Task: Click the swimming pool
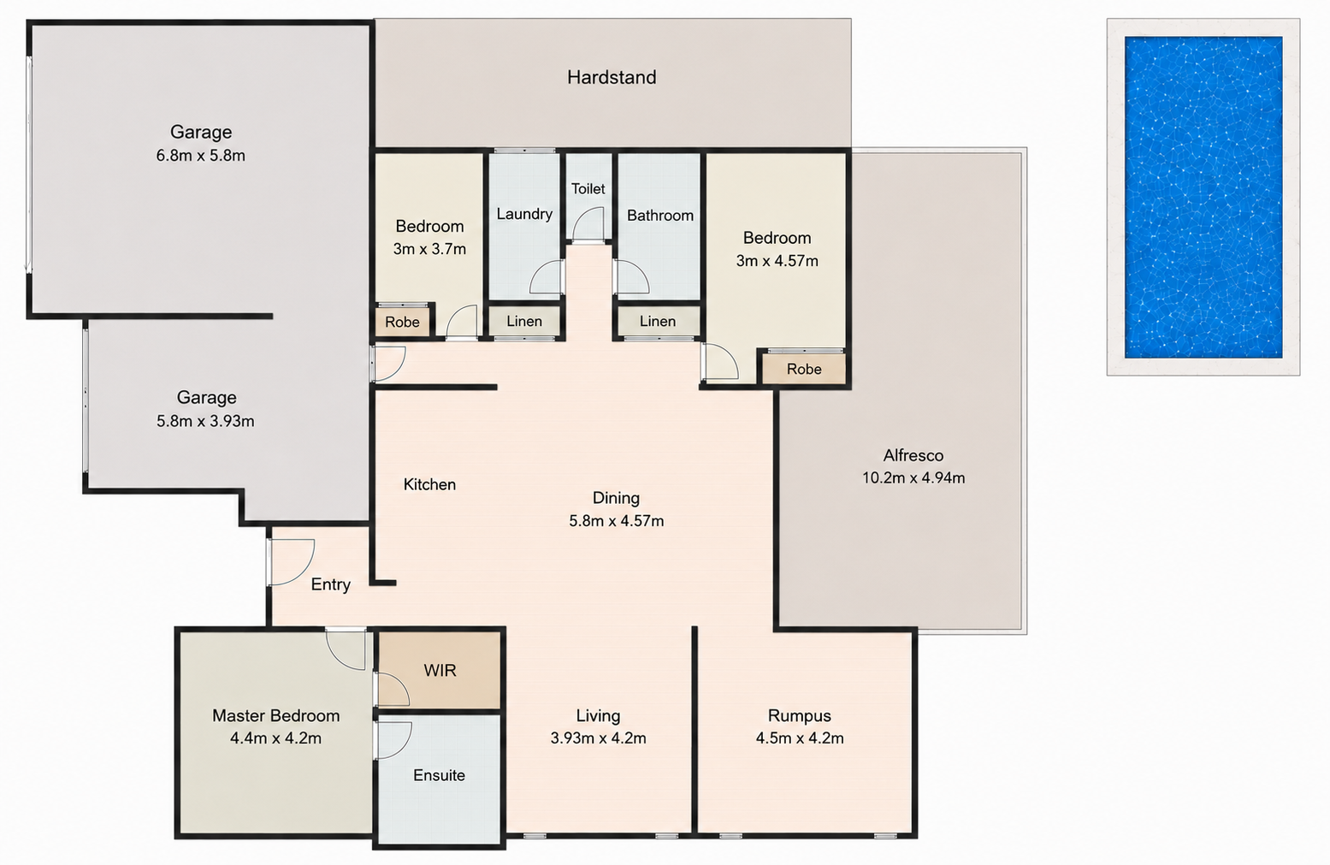[1203, 198]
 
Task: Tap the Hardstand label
[612, 77]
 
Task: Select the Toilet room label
[588, 189]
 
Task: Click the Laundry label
[524, 214]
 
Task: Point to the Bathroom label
[660, 215]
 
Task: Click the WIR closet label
[440, 671]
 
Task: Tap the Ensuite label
[439, 775]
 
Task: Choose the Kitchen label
[429, 485]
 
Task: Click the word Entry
[331, 584]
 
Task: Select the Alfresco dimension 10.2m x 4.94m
[913, 477]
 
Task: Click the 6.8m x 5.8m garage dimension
[201, 156]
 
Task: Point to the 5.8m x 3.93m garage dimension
[205, 421]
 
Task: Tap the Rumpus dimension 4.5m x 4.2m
[800, 738]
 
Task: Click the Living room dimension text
[599, 738]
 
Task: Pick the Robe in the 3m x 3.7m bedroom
[402, 322]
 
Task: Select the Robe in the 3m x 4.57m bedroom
[804, 369]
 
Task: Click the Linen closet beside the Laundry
[524, 322]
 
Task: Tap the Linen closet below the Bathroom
[657, 322]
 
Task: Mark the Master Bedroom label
[276, 716]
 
